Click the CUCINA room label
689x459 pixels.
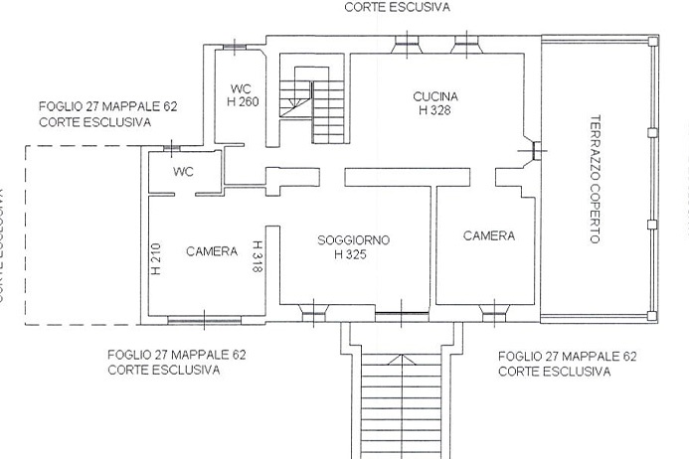point(434,95)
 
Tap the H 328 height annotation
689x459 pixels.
point(434,110)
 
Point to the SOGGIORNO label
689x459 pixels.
point(353,240)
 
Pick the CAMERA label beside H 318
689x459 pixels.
point(212,251)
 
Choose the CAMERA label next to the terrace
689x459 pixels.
point(488,236)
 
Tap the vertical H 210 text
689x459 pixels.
point(156,260)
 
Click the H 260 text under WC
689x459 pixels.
point(244,101)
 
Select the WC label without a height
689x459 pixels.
point(183,172)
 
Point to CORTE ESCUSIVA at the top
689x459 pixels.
point(397,6)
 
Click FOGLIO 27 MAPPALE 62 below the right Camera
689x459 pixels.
point(567,356)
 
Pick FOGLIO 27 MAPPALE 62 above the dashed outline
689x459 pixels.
point(107,107)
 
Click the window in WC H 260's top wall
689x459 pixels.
point(233,46)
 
